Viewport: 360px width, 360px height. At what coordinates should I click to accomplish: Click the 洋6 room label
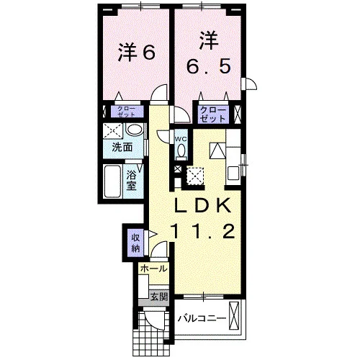point(136,52)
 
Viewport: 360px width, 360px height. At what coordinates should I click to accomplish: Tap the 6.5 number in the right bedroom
point(209,66)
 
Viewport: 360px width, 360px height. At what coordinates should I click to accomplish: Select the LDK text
point(203,206)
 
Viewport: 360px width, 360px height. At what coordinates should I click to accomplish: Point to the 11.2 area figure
point(203,231)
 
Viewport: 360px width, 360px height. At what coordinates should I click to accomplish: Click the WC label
point(181,139)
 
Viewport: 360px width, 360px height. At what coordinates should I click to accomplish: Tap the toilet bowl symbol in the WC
point(181,150)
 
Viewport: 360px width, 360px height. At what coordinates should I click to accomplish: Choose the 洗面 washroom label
point(122,148)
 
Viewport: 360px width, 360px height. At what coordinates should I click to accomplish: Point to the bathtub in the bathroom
point(112,181)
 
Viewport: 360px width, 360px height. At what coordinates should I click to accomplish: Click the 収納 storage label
point(135,243)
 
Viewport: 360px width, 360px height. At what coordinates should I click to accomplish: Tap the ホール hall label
point(153,269)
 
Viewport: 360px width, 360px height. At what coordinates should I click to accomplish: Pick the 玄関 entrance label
point(158,297)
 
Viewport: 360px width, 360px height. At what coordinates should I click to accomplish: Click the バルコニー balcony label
point(202,319)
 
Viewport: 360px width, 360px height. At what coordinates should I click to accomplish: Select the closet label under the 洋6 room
point(127,112)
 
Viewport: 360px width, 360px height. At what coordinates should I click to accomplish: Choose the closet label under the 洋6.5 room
point(213,114)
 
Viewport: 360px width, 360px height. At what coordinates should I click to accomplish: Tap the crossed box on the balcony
point(235,316)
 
